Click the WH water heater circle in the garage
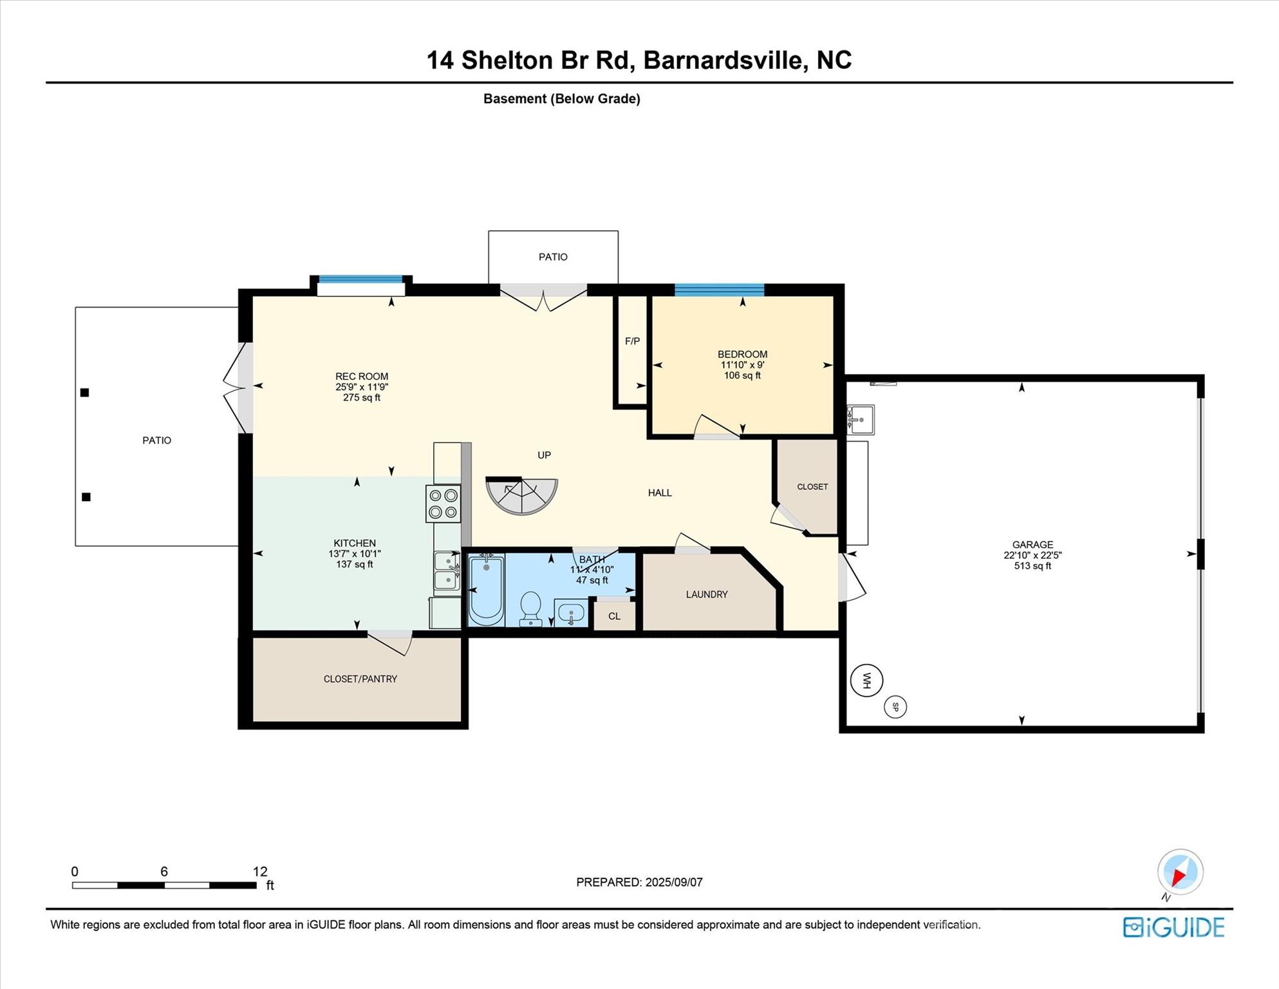coord(866,680)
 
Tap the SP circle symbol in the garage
coord(895,707)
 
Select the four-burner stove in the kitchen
coord(443,504)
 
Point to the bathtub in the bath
coord(486,590)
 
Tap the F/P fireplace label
coord(632,341)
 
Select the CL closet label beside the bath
coord(614,616)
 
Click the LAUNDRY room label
coord(707,594)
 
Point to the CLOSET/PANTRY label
coord(360,679)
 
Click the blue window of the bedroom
coord(719,290)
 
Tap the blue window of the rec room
coord(361,279)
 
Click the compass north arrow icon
coord(1180,872)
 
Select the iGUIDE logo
coord(1173,927)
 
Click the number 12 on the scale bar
coord(260,871)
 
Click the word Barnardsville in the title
coord(724,60)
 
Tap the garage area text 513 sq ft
coord(1032,566)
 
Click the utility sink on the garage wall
coord(860,419)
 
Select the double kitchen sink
coord(447,570)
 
